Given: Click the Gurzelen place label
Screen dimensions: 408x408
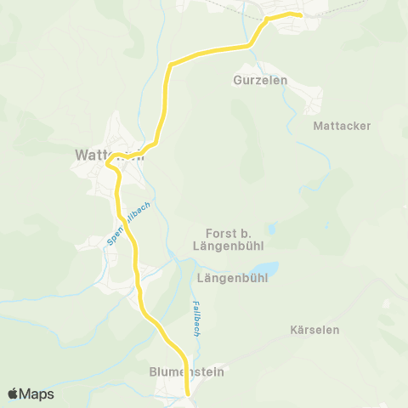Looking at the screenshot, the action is click(x=259, y=80).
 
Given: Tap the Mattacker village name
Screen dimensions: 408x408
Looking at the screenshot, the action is click(x=342, y=125).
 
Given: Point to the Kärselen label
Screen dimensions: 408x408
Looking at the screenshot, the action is click(x=314, y=329).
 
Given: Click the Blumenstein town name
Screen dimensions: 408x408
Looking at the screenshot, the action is click(x=179, y=371).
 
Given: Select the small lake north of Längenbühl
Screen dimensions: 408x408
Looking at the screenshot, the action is click(x=271, y=229).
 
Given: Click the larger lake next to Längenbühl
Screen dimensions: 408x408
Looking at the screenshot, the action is click(x=264, y=270).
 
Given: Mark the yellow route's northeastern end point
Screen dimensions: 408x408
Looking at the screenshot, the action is click(x=302, y=14).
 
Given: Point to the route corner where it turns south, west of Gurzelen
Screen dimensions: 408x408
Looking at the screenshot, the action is click(x=170, y=65).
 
